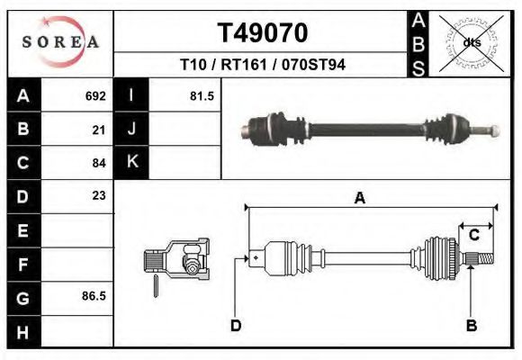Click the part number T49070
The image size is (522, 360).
[262, 33]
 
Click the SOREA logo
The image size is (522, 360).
[61, 43]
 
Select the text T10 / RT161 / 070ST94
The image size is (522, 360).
[262, 66]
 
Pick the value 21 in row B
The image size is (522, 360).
[99, 130]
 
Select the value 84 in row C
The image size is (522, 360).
[99, 163]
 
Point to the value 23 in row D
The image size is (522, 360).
[99, 195]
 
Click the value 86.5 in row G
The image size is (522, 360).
[94, 295]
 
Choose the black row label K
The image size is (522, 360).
[131, 163]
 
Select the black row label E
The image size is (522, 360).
[22, 229]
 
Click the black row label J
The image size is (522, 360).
[131, 130]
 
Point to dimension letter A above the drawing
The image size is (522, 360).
[359, 199]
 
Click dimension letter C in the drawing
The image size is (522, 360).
[473, 235]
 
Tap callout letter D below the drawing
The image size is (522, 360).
[236, 326]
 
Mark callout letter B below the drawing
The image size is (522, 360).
[471, 326]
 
